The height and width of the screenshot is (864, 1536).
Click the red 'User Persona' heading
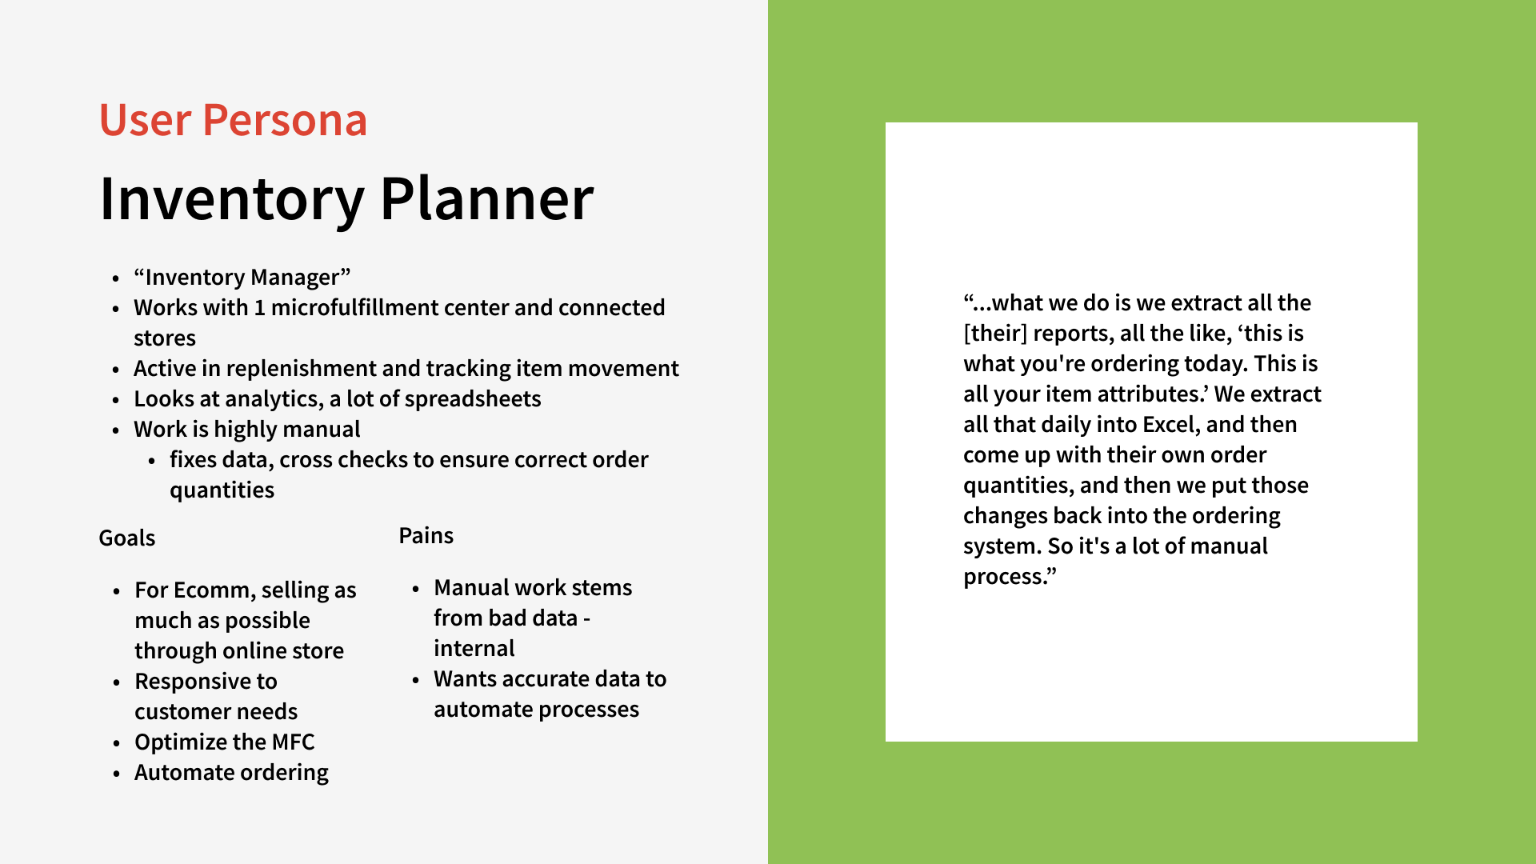tap(233, 121)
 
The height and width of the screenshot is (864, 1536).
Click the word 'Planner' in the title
tap(486, 198)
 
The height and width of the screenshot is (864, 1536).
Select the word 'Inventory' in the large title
tap(232, 198)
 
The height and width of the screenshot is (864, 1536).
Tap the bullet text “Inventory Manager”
tap(242, 278)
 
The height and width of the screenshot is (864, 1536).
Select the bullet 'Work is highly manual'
tap(246, 430)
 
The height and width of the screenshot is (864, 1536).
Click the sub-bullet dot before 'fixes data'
tap(152, 461)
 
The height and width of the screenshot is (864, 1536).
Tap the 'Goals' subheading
tap(126, 538)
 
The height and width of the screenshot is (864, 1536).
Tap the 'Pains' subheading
tap(426, 536)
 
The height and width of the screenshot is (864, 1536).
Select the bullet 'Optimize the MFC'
tap(224, 742)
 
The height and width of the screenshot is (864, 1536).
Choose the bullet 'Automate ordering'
tap(231, 773)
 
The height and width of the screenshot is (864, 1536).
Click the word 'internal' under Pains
tap(474, 649)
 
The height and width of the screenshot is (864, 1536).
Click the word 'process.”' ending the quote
tap(1010, 577)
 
